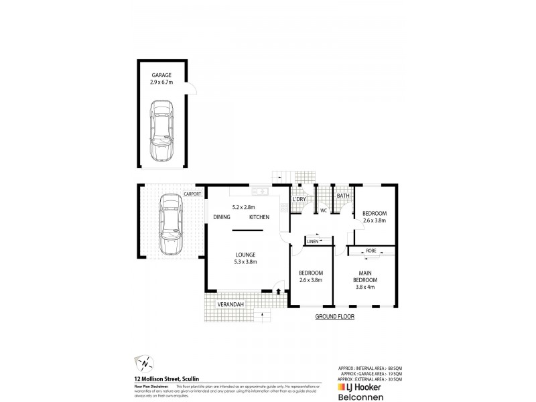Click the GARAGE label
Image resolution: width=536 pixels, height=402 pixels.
click(x=161, y=75)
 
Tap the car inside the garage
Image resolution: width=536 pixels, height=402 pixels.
click(x=160, y=131)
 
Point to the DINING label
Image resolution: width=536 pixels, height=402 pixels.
click(x=222, y=218)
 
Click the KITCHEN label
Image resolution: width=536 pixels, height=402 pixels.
click(x=259, y=218)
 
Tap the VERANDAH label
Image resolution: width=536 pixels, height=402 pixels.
click(x=229, y=305)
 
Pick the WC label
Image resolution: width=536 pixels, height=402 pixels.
click(x=322, y=210)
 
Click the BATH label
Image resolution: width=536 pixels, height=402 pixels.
click(x=343, y=196)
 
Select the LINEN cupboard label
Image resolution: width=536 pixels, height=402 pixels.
click(x=313, y=241)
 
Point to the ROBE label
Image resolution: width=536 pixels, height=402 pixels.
click(x=371, y=251)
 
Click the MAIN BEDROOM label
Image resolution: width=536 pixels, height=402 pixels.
click(x=371, y=275)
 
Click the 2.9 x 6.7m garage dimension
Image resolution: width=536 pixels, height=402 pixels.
click(x=161, y=82)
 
